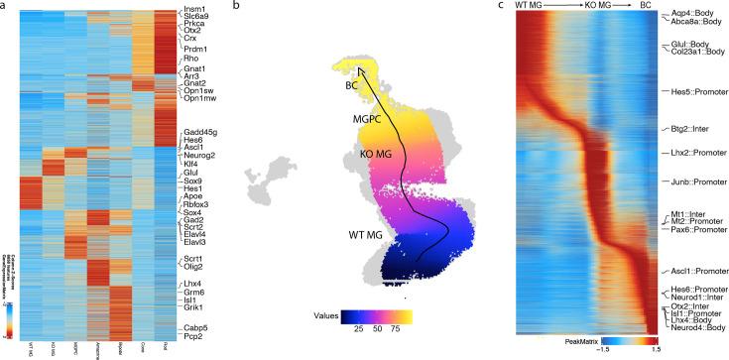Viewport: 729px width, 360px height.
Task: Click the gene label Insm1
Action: tap(195, 9)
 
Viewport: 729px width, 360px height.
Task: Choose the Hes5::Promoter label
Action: tap(695, 90)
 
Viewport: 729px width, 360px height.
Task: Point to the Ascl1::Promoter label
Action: tap(696, 271)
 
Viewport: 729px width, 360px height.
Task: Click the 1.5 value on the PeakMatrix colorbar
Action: tap(656, 349)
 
